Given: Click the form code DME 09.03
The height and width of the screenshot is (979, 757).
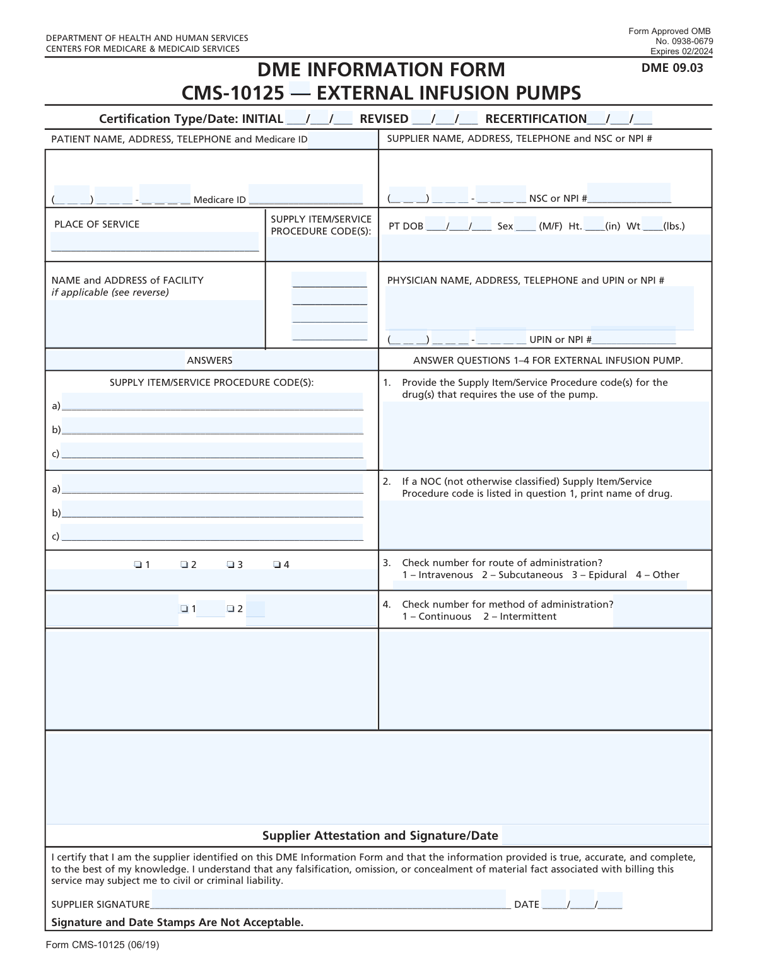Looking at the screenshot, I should tap(672, 68).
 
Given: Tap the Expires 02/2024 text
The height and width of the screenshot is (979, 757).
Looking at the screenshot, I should tap(681, 52).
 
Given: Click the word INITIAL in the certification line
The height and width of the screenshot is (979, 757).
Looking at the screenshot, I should tap(262, 119).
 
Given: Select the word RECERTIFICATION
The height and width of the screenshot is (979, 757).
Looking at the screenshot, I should tap(536, 119).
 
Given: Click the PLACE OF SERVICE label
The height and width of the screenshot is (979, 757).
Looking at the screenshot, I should tap(97, 224).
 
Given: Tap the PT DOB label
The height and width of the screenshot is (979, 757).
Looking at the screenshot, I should tap(406, 226).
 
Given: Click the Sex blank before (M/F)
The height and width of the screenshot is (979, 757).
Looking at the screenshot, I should tap(525, 226).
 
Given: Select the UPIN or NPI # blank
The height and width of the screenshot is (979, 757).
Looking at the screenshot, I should tap(633, 339).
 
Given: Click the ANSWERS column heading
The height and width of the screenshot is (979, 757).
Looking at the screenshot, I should tap(209, 361).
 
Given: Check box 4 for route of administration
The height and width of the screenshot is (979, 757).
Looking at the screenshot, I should tap(277, 565).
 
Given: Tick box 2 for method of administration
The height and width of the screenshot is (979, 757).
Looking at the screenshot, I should tap(231, 609).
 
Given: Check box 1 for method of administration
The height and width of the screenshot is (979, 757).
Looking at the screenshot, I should tap(184, 609).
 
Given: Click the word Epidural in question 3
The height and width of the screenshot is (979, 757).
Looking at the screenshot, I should tap(607, 575).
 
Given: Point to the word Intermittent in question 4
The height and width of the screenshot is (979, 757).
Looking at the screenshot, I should tap(528, 617).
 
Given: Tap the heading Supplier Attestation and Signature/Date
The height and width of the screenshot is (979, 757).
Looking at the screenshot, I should tap(380, 836).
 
